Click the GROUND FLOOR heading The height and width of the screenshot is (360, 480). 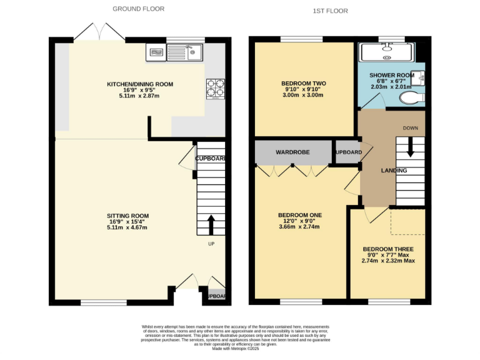pyautogui.click(x=138, y=9)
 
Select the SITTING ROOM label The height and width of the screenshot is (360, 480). pyautogui.click(x=129, y=216)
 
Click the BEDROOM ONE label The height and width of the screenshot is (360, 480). pyautogui.click(x=299, y=215)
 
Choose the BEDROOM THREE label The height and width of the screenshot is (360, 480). pyautogui.click(x=388, y=249)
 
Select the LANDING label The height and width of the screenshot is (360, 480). pyautogui.click(x=394, y=171)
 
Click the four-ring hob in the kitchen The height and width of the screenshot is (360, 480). pyautogui.click(x=215, y=89)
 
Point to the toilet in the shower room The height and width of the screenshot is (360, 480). pyautogui.click(x=411, y=98)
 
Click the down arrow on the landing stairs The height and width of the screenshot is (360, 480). pyautogui.click(x=410, y=147)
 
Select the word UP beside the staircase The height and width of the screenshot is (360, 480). pyautogui.click(x=211, y=244)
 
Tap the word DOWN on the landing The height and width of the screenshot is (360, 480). pyautogui.click(x=410, y=128)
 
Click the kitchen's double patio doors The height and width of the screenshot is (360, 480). pyautogui.click(x=87, y=31)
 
